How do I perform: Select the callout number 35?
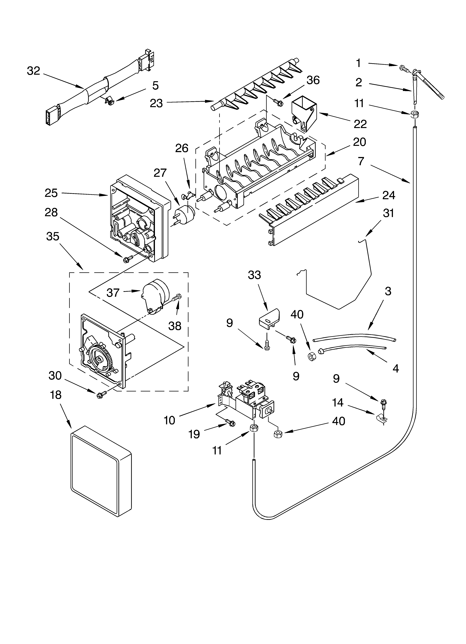[53, 236]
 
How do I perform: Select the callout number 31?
[388, 213]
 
